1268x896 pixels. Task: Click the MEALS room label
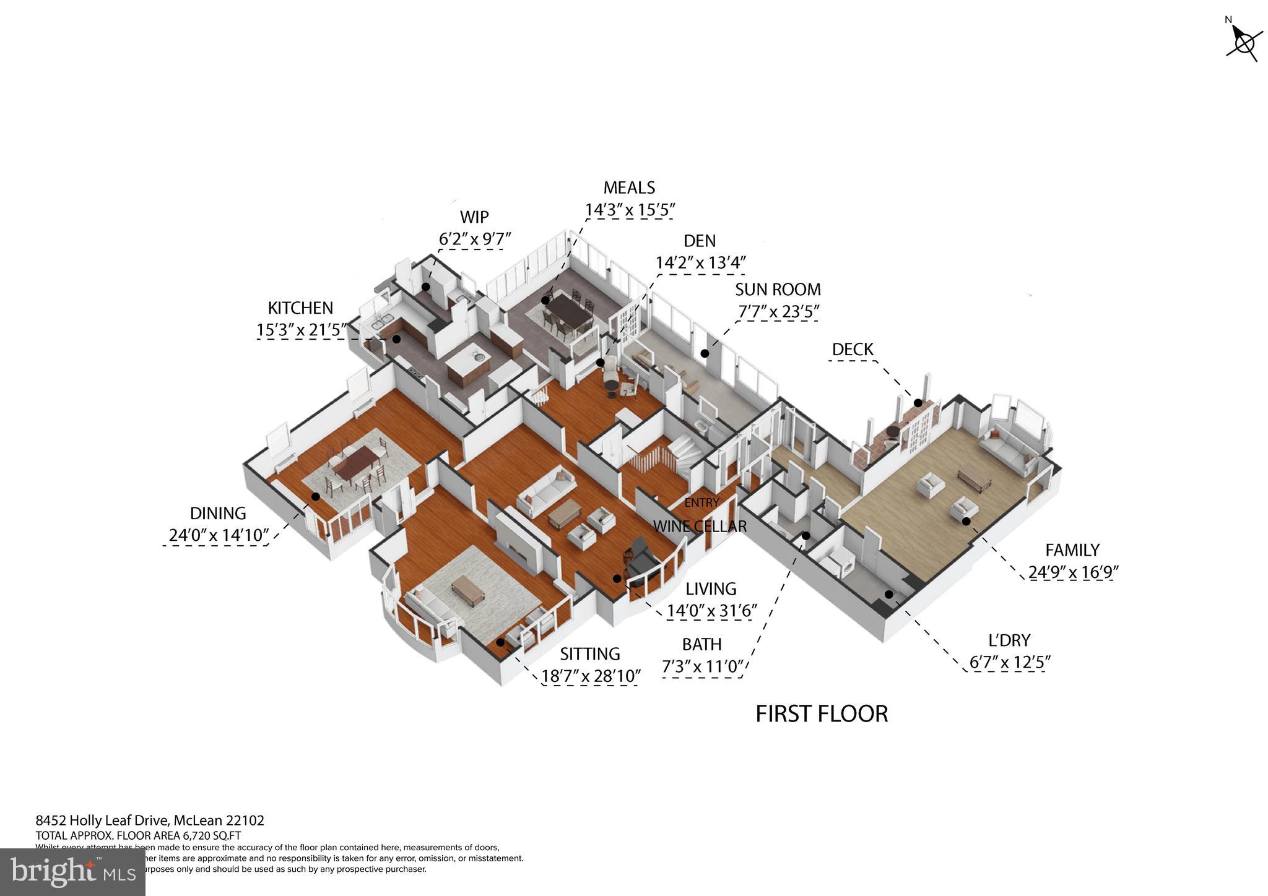pos(629,187)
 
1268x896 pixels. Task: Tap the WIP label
pos(474,217)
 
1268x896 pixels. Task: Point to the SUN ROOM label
pos(778,290)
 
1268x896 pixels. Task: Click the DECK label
pos(853,350)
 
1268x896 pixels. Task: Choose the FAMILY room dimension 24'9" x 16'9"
pos(1072,572)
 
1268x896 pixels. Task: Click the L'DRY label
pos(1009,640)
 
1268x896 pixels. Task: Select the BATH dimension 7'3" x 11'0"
pos(702,667)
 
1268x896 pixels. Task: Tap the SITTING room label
pos(589,654)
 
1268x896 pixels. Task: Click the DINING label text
pos(218,514)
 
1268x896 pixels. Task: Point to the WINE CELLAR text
pos(700,527)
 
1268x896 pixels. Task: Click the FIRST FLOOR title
pos(822,714)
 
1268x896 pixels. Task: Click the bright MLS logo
pos(72,872)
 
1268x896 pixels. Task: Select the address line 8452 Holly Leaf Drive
pos(150,821)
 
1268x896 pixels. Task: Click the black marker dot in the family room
pos(966,521)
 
